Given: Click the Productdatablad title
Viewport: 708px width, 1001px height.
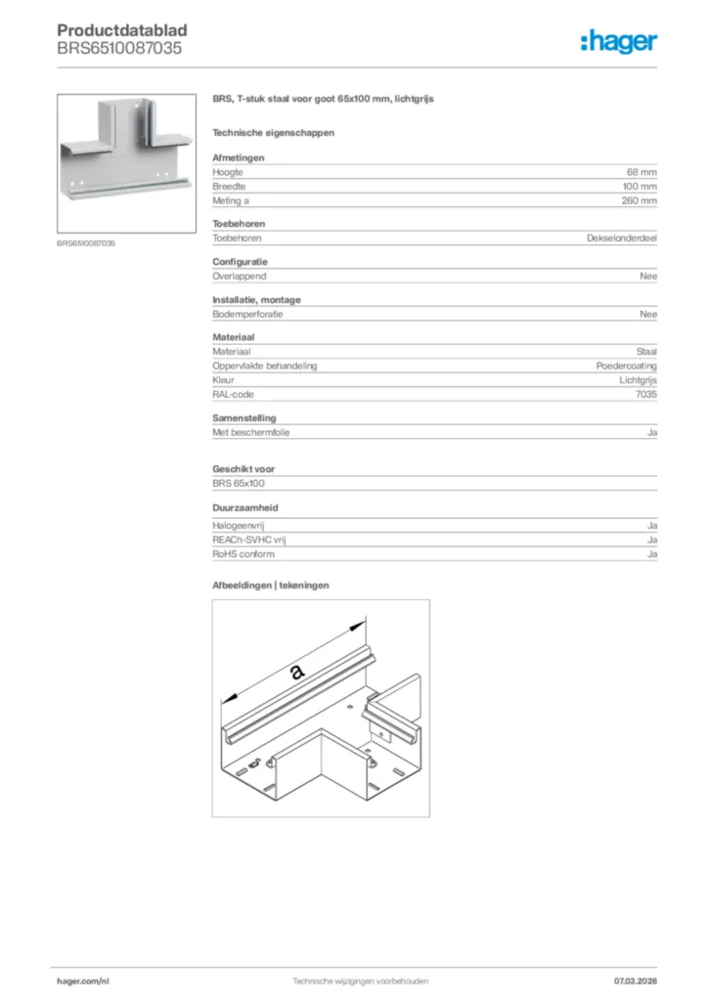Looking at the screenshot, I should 122,30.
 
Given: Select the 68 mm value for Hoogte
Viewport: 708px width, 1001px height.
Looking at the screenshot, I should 642,172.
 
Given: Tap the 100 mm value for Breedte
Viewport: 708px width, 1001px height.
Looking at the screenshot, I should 640,186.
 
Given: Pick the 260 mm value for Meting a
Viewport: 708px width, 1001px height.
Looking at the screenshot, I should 640,200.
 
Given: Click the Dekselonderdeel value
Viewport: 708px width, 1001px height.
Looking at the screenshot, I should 621,238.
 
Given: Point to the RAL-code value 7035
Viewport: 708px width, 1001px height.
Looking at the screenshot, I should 646,394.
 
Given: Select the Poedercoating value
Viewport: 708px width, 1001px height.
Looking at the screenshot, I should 626,366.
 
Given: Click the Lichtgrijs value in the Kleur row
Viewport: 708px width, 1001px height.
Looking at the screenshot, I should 638,379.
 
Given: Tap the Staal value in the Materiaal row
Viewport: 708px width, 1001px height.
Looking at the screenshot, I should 646,351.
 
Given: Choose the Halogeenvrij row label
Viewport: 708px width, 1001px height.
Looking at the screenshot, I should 239,526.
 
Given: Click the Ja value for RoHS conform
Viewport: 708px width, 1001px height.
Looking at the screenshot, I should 651,554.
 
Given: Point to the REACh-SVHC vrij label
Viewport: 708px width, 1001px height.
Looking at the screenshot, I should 249,540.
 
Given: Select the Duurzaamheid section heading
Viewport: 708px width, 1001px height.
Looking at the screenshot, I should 243,508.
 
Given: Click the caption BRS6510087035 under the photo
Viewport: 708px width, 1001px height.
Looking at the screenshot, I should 86,243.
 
